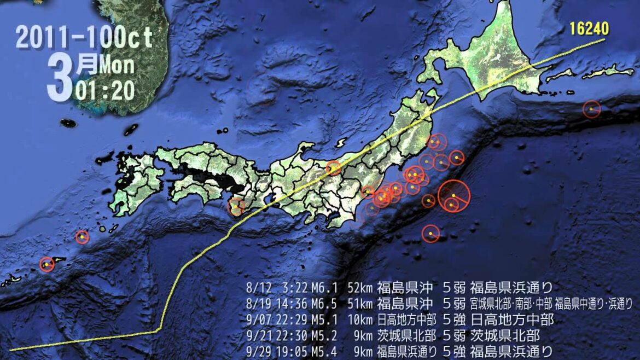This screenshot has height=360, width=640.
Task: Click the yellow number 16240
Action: [x=589, y=28]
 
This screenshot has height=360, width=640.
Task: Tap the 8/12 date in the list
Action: [x=256, y=287]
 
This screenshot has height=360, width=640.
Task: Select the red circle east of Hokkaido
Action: [x=591, y=109]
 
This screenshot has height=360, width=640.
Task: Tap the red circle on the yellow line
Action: [x=333, y=168]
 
